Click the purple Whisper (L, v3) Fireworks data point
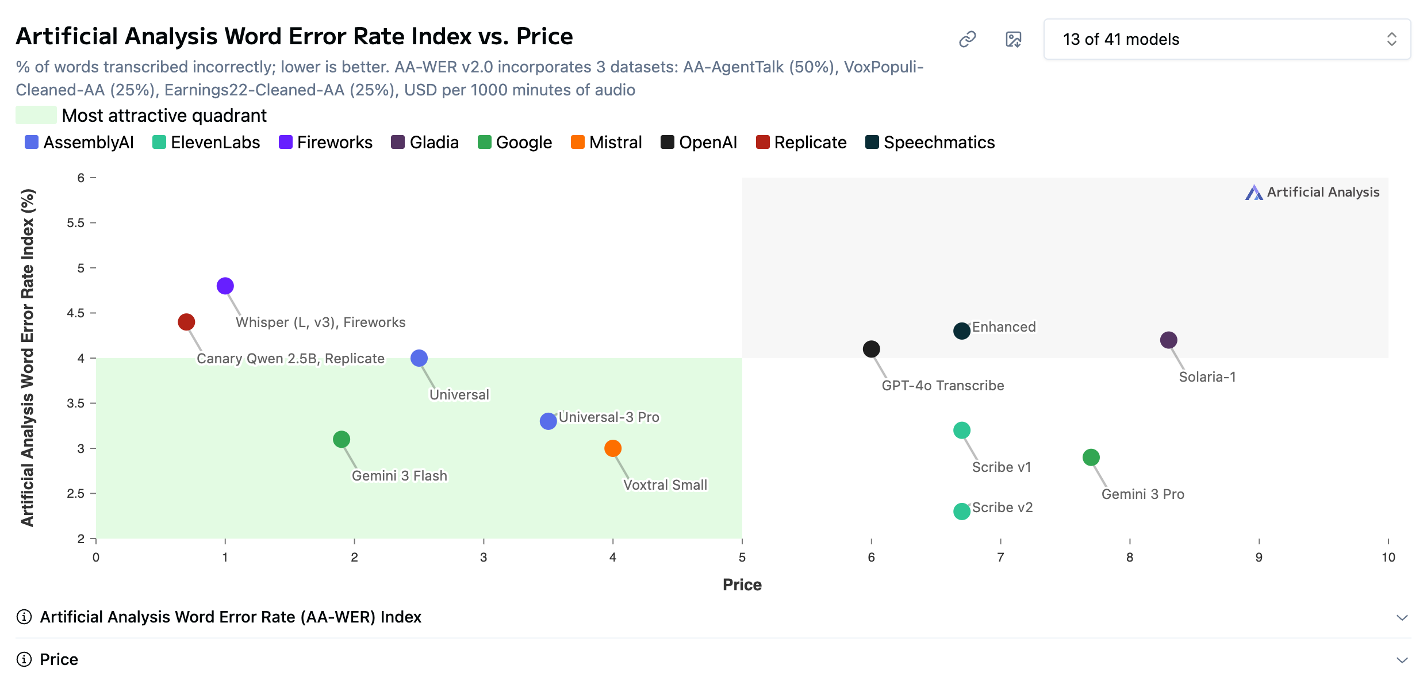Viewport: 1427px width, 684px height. pos(225,286)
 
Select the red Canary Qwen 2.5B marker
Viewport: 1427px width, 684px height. pos(186,322)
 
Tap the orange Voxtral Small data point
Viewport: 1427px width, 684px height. pos(613,448)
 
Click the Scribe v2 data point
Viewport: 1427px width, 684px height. pos(962,511)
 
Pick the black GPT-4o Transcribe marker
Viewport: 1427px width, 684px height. pos(872,349)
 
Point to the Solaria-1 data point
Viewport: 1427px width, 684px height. pos(1168,340)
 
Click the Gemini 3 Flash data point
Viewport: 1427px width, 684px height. pos(342,440)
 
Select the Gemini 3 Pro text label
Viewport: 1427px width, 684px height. pos(1142,494)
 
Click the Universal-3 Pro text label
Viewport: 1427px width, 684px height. pos(609,417)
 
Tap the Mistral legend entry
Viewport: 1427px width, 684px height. pos(607,143)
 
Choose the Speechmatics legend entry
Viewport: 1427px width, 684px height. pos(930,143)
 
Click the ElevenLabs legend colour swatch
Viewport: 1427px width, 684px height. pos(159,143)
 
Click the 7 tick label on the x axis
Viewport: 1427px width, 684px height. pos(1001,557)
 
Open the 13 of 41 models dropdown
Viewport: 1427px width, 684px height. pos(1227,39)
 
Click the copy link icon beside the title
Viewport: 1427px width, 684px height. pos(968,39)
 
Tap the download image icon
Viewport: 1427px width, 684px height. pos(1013,39)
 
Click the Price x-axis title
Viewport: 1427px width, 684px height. pos(742,585)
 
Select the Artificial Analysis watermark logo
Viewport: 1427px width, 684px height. pos(1254,193)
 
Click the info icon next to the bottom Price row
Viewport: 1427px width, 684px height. pos(24,659)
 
